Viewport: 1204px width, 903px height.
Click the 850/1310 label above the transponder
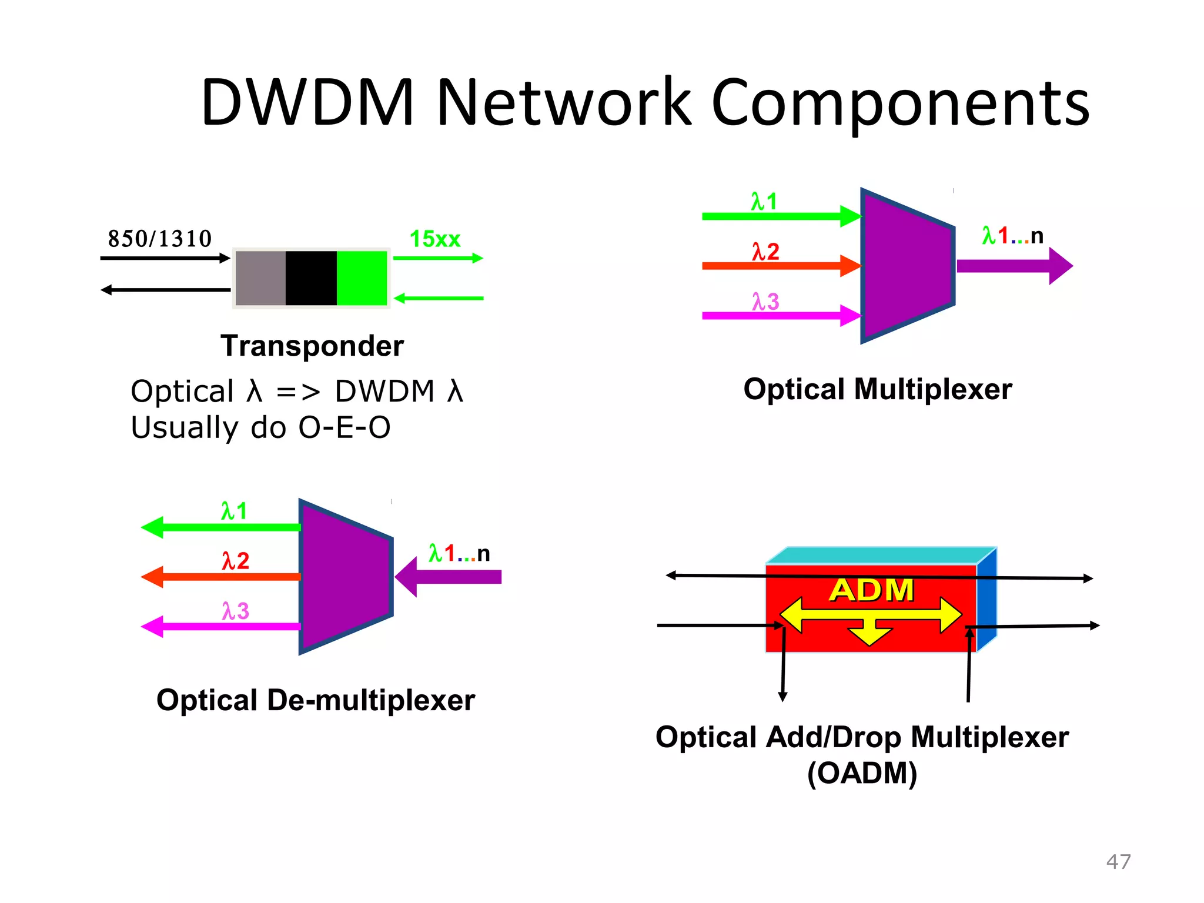(x=159, y=239)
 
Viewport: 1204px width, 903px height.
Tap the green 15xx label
(x=434, y=239)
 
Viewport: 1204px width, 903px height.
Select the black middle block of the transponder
(x=311, y=278)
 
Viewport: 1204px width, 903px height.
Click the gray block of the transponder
(x=260, y=278)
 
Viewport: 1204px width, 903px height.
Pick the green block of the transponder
(x=362, y=278)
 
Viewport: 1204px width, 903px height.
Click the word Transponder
(x=312, y=346)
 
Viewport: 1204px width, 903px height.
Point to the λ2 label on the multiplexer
(x=765, y=252)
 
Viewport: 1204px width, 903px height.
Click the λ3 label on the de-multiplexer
(x=235, y=611)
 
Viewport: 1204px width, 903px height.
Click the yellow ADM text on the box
(x=871, y=590)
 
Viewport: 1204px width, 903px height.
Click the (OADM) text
(x=862, y=773)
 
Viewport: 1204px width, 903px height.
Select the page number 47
(x=1118, y=862)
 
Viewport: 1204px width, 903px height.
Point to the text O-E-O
(x=345, y=427)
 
